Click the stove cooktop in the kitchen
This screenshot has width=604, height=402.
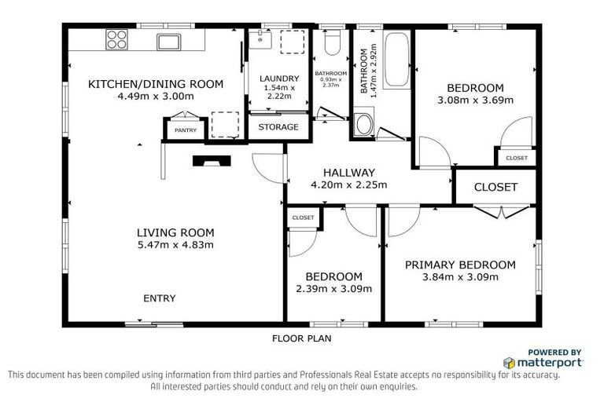[116, 38]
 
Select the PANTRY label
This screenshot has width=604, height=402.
[186, 130]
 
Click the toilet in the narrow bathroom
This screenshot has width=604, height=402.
[332, 42]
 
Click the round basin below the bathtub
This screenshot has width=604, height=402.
[363, 124]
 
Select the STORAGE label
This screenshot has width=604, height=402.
[278, 126]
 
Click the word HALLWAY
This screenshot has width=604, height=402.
[349, 173]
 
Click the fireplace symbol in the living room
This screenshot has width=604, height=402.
[212, 162]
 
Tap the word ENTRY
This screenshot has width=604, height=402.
[159, 298]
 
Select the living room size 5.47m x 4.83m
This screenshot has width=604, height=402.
[175, 245]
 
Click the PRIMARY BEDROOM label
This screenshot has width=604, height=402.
[460, 265]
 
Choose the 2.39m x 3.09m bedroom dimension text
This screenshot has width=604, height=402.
[333, 288]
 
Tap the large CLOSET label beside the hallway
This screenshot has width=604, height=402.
[495, 187]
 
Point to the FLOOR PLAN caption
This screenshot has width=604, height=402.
[301, 339]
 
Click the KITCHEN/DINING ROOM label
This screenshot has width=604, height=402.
[156, 84]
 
